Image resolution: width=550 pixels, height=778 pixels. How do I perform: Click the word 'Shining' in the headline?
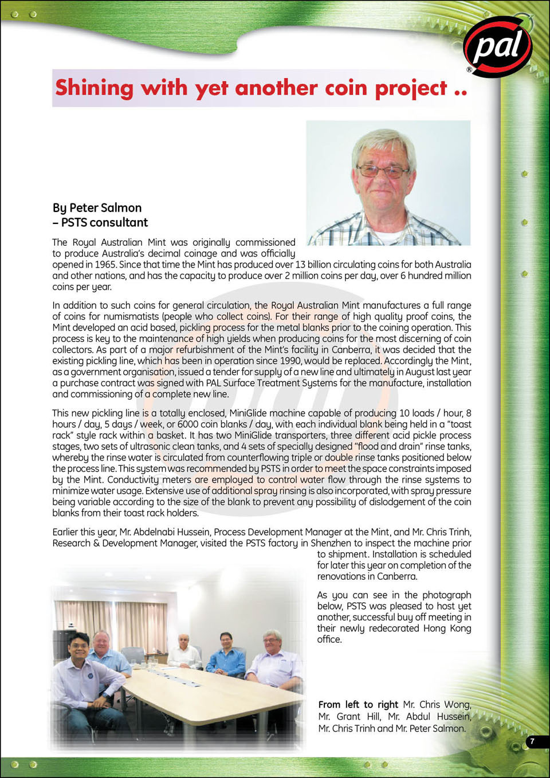tap(94, 88)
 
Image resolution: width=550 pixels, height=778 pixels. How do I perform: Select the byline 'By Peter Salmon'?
tap(97, 208)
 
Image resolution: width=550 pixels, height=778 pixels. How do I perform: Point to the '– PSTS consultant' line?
tap(100, 222)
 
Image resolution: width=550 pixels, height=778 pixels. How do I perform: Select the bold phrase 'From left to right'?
tap(358, 705)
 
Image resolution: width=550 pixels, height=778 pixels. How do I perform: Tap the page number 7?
tap(532, 741)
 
